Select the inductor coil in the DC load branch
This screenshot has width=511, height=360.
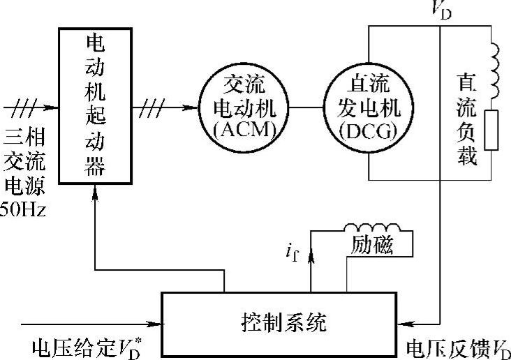[493, 70]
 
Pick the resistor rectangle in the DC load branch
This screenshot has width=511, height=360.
[492, 130]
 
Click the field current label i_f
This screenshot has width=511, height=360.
[293, 251]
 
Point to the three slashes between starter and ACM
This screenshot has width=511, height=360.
[153, 107]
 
